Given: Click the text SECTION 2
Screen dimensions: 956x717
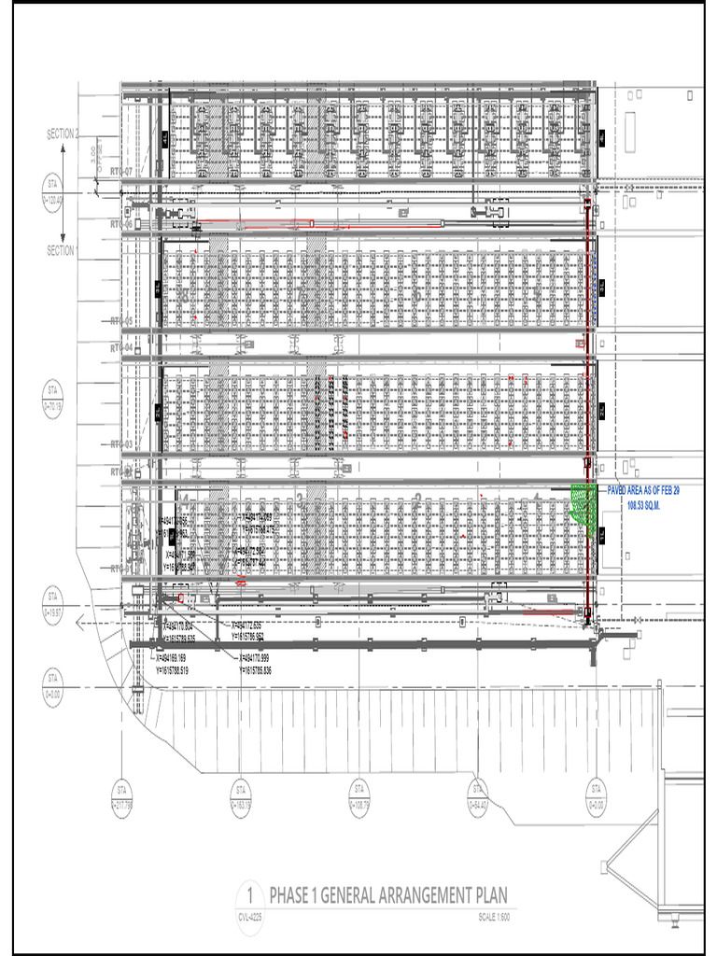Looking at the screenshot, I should [x=63, y=134].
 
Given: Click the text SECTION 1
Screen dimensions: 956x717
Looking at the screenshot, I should [x=63, y=250].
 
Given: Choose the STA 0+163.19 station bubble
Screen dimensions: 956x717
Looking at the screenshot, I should [x=240, y=794].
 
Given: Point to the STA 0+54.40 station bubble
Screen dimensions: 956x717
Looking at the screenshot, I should [x=477, y=794].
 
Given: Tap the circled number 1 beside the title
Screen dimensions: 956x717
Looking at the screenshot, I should [x=249, y=895].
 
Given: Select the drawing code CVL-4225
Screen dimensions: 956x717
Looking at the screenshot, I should [x=249, y=916].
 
